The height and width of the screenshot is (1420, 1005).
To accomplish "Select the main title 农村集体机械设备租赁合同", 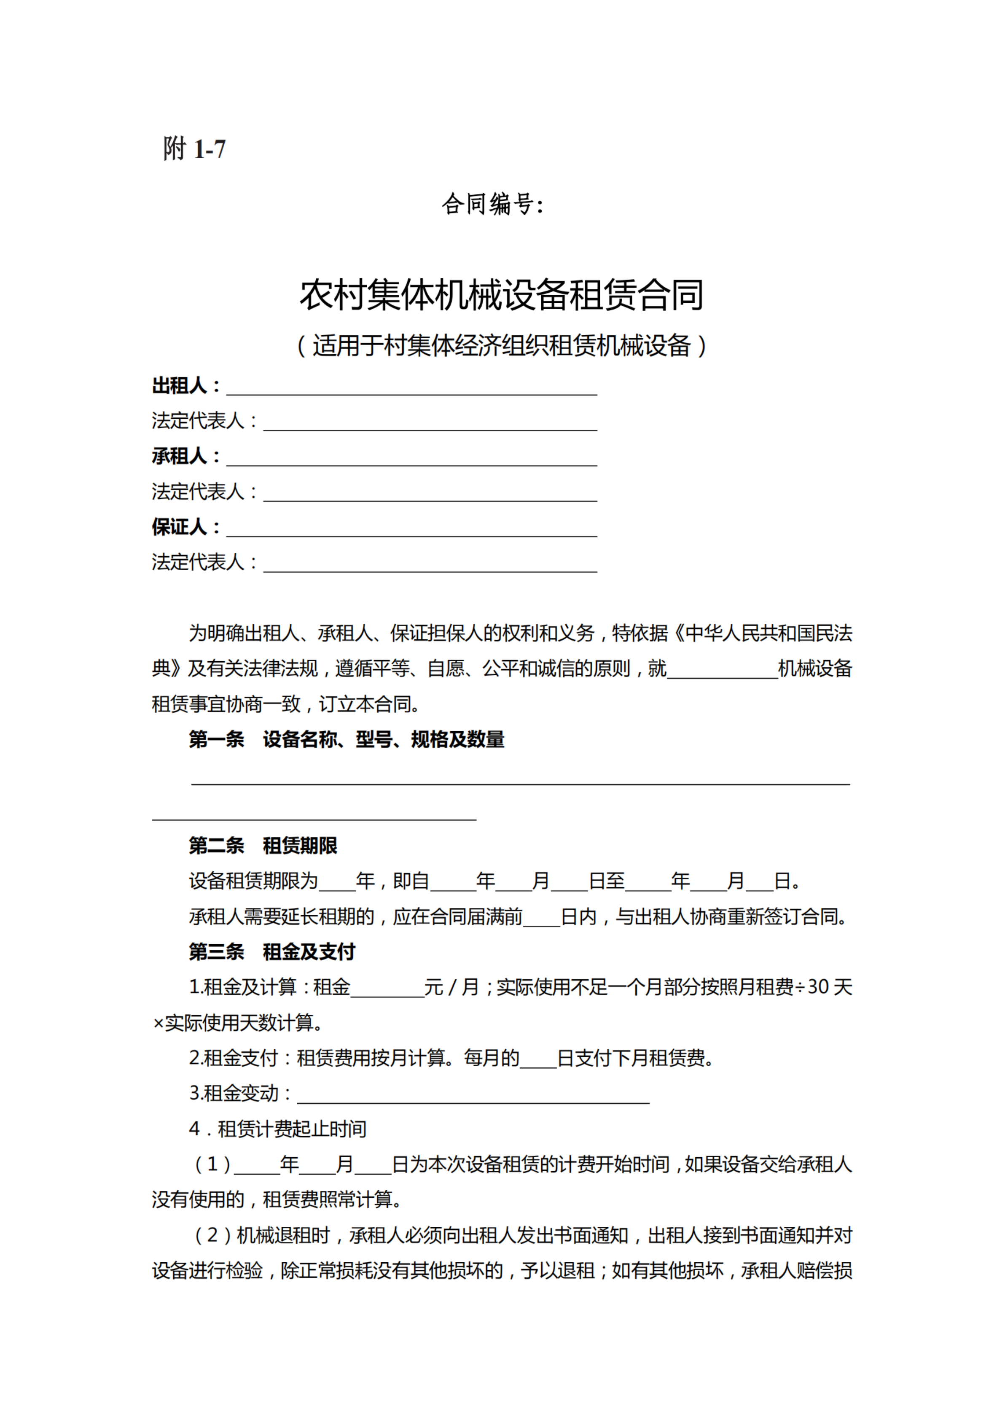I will point(502,295).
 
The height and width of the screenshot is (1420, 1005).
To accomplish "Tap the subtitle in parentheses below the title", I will point(502,345).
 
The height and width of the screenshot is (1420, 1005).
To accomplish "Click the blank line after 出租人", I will point(411,388).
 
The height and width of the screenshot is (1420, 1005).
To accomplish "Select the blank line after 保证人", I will point(411,529).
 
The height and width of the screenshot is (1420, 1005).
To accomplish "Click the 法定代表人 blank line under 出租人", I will point(430,423).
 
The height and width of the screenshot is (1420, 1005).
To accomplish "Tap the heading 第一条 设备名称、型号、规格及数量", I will point(347,739).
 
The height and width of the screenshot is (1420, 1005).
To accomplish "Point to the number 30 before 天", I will point(818,987).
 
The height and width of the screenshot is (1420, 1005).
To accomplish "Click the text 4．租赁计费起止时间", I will point(277,1129).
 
